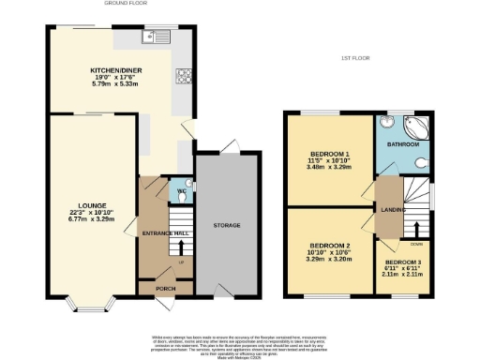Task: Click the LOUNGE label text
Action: [92, 205]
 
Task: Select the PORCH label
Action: [166, 288]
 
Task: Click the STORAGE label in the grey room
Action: [227, 226]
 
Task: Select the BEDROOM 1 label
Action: [330, 156]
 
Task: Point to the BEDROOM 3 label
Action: [403, 262]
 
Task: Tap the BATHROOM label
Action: [403, 146]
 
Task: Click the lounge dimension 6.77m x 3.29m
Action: [92, 219]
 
